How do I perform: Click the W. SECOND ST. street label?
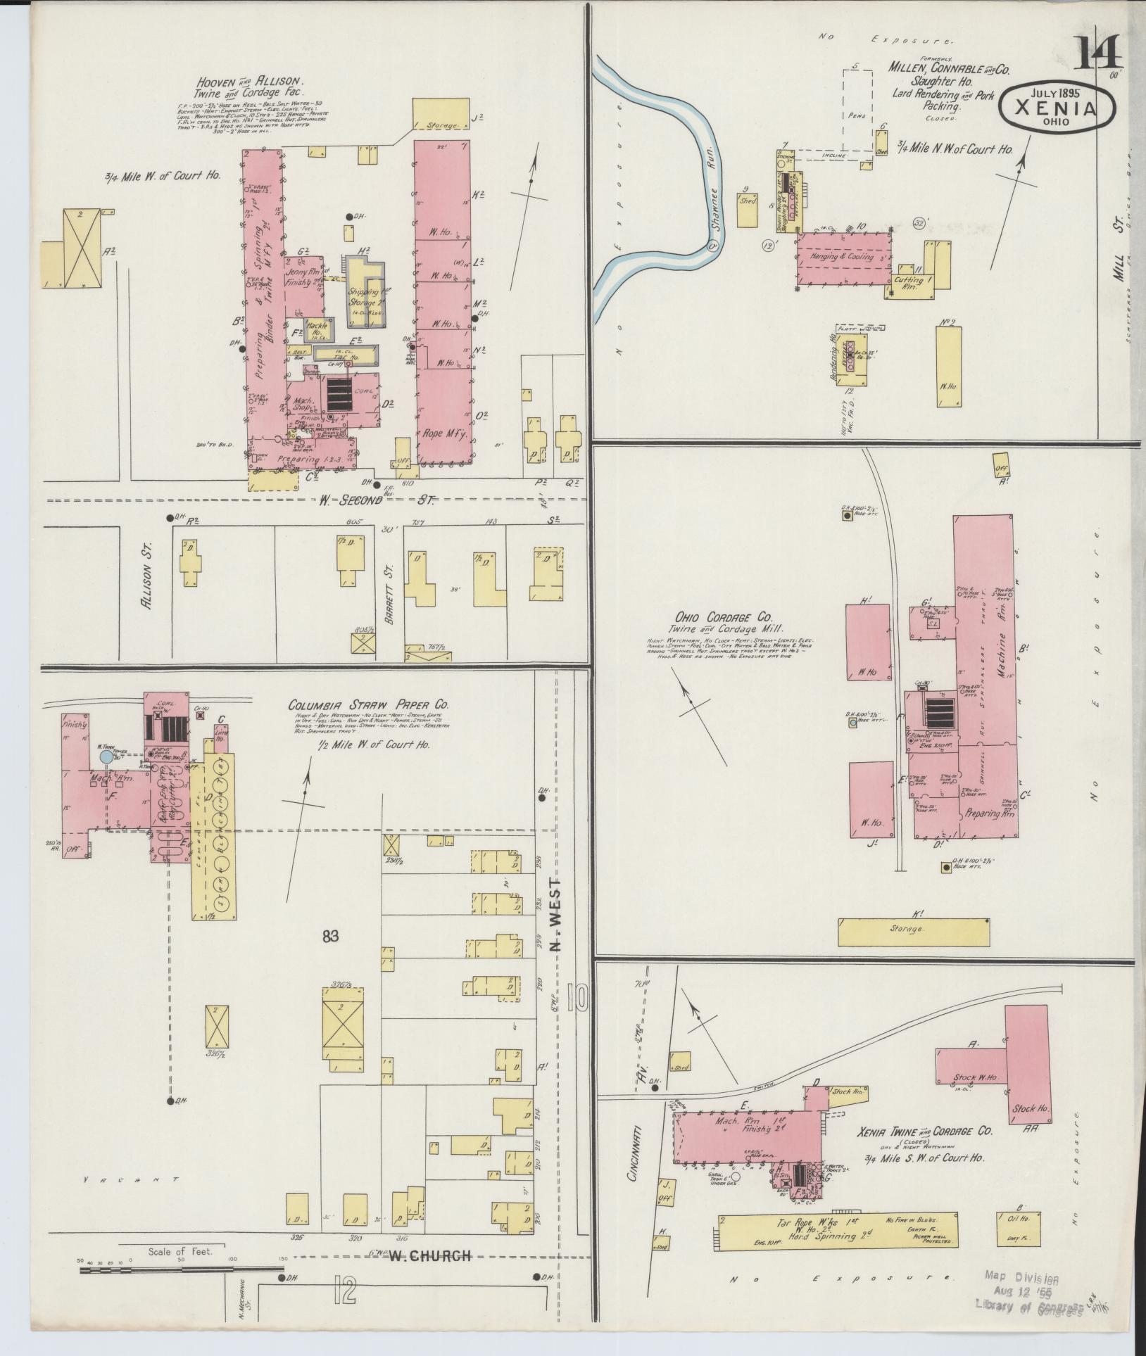[x=377, y=500]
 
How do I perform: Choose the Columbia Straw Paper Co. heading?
[x=367, y=706]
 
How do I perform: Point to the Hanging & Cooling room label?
[x=842, y=257]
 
